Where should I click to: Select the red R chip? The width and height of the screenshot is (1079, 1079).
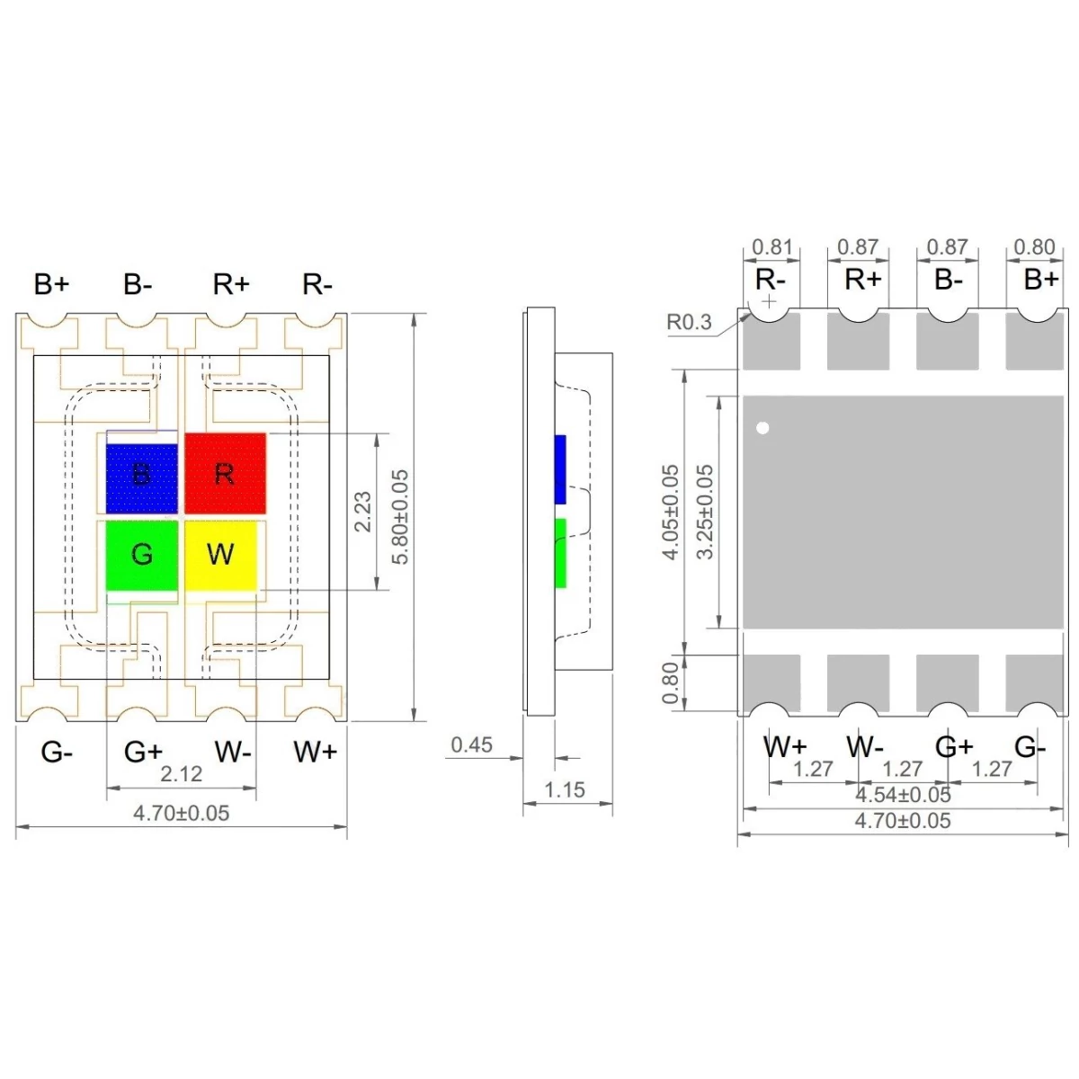point(225,473)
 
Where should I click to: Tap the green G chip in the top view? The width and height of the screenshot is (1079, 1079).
point(141,555)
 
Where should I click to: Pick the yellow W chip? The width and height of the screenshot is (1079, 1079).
point(220,555)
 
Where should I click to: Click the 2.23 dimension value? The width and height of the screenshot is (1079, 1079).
point(362,511)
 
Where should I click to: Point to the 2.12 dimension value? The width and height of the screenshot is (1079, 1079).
point(181,774)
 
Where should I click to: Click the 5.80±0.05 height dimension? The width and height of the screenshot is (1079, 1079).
point(400,517)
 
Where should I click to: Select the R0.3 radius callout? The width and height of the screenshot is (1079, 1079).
point(689,322)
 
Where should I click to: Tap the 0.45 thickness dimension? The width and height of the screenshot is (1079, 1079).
point(472,745)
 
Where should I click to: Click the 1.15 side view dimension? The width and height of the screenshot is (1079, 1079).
point(565,790)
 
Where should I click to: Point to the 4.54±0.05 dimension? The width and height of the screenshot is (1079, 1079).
point(903,795)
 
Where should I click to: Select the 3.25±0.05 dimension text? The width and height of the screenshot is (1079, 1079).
point(706,512)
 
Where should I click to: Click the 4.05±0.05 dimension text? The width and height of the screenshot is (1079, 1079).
point(671,512)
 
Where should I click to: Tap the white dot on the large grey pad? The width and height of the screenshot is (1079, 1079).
point(763,428)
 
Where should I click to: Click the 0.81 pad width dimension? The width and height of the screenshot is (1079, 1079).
point(772,246)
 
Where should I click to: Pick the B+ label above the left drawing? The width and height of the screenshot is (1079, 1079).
point(51,284)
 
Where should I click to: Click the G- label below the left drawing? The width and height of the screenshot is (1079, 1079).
point(57,752)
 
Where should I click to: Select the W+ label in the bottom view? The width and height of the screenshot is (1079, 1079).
point(785,746)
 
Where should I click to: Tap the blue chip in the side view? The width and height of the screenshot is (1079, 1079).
point(560,468)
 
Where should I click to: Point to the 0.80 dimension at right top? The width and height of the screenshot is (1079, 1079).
point(1034,246)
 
